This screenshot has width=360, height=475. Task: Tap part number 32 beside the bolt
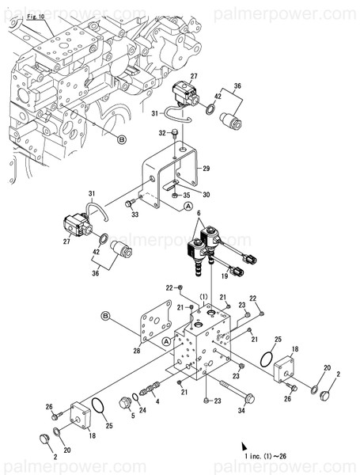click(x=161, y=133)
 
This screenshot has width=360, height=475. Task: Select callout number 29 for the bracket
click(x=206, y=169)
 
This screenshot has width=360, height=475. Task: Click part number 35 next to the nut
click(x=187, y=194)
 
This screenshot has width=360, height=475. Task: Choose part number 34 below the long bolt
click(x=243, y=410)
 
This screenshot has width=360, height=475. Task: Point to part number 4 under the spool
click(x=157, y=401)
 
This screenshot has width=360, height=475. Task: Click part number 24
click(x=142, y=409)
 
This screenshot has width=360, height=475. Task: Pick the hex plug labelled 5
click(x=123, y=403)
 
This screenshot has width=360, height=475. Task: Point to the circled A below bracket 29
click(x=188, y=206)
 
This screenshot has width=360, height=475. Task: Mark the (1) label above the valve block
click(x=203, y=297)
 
